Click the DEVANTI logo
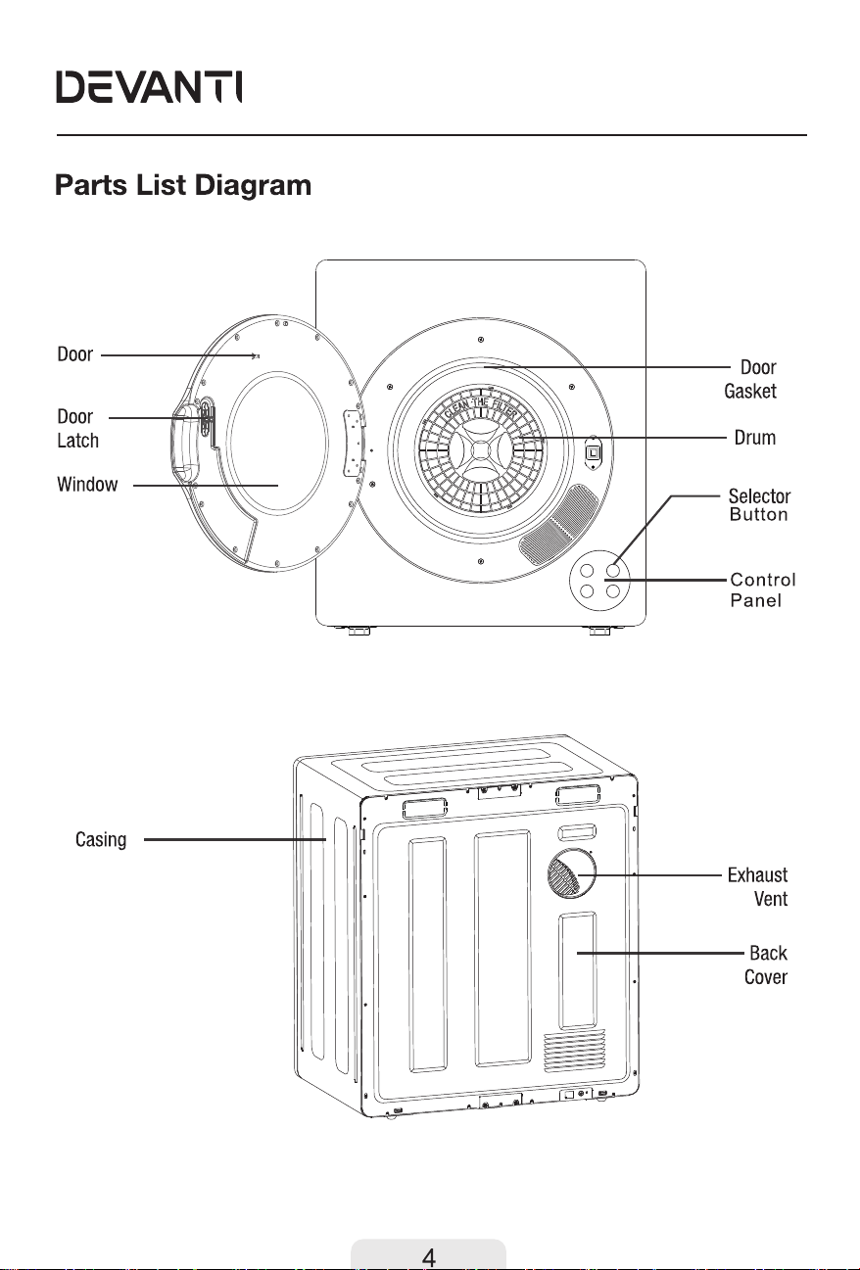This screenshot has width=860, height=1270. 149,87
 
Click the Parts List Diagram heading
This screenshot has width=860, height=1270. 183,185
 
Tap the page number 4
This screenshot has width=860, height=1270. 429,1257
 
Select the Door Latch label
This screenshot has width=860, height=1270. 77,428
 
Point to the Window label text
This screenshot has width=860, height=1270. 87,484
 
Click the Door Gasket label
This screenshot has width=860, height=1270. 750,379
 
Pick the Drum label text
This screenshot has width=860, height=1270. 754,438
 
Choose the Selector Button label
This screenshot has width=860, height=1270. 759,505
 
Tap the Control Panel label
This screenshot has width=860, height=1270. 763,589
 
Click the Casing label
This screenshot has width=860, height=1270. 101,840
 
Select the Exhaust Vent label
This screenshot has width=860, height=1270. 758,887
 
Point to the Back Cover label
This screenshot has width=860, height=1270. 766,964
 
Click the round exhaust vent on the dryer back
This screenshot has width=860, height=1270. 572,873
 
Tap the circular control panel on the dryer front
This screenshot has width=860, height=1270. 599,581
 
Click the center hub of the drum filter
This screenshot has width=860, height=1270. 480,450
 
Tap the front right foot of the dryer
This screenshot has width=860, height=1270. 599,631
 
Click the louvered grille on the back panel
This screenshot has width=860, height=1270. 574,1052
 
